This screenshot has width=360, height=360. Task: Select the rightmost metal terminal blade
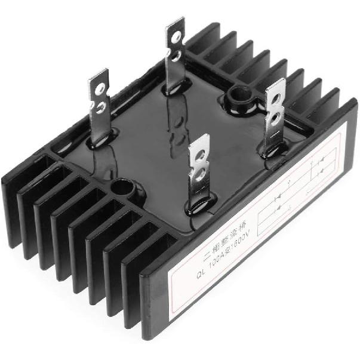click(275, 116)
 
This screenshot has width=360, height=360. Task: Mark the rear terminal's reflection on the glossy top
click(178, 122)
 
